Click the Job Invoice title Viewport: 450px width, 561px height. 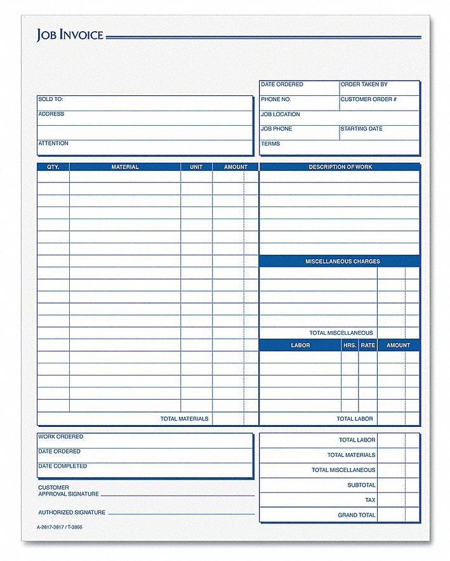click(x=70, y=35)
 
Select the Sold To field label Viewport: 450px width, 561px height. click(x=51, y=99)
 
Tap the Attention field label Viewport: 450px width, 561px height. click(x=53, y=144)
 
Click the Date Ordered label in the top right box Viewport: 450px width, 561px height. click(x=282, y=84)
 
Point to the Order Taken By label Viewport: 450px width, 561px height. click(x=364, y=84)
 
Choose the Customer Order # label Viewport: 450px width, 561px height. click(x=368, y=100)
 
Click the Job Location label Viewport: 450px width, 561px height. click(x=281, y=114)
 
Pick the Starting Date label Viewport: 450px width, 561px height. click(x=361, y=129)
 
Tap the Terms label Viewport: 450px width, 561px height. click(x=270, y=144)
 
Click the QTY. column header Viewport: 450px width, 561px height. click(x=53, y=167)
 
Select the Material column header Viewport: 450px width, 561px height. click(x=125, y=167)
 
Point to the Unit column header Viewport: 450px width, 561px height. click(x=196, y=167)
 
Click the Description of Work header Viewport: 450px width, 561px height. click(x=340, y=167)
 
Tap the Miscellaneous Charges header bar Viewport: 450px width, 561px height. click(x=343, y=262)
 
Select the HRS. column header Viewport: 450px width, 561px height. click(x=350, y=346)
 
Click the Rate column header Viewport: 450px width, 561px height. click(x=368, y=346)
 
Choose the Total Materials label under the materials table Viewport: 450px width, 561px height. click(x=184, y=419)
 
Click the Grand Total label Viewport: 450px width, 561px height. click(x=357, y=515)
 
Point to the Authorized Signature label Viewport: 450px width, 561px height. click(x=72, y=512)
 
